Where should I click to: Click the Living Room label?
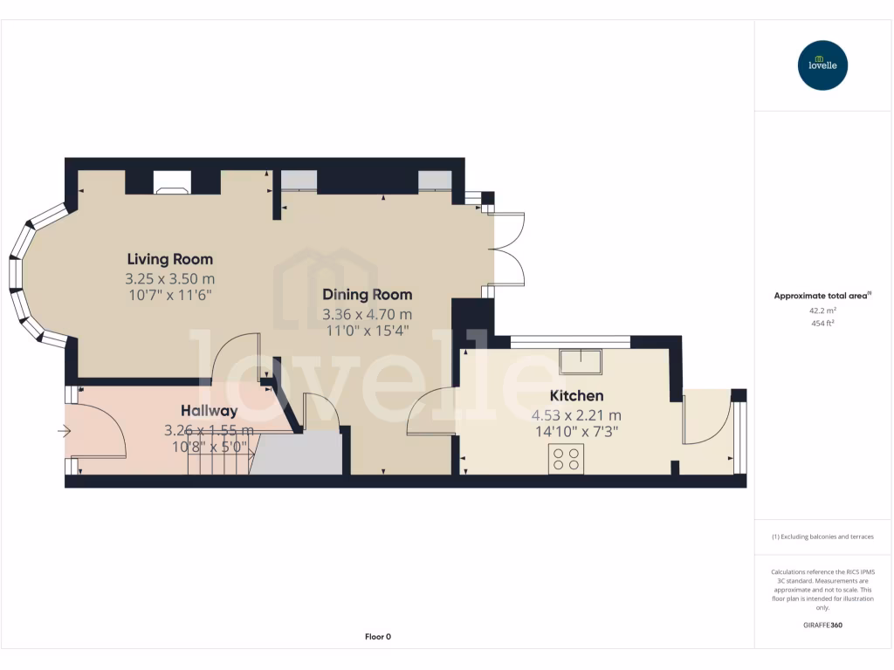point(169,259)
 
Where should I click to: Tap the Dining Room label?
point(367,295)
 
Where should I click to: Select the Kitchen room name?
point(576,396)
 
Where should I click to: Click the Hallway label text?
point(209,411)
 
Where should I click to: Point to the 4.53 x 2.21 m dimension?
point(576,415)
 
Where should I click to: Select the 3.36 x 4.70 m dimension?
point(367,314)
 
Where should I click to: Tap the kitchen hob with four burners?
point(566,458)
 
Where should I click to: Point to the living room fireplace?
point(171,181)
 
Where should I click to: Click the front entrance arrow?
point(65,430)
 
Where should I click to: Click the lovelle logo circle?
point(822,65)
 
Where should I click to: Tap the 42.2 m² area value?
point(822,310)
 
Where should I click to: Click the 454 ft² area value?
point(822,324)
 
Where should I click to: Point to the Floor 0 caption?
point(377,637)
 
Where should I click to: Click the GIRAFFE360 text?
point(822,625)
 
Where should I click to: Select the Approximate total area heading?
point(822,296)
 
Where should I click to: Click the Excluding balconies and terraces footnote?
point(822,537)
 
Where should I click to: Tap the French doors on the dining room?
point(510,250)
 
